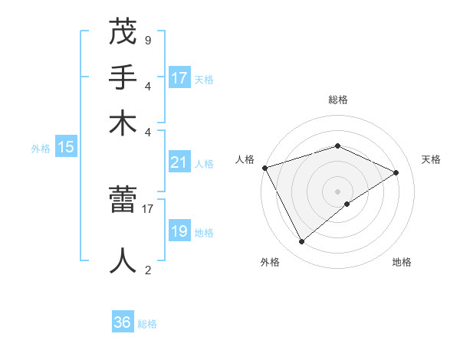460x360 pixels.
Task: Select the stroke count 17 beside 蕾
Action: [149, 207]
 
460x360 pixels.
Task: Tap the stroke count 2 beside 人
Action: [147, 270]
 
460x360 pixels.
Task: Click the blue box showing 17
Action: [179, 78]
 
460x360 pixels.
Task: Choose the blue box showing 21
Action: [179, 162]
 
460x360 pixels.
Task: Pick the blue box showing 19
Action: [179, 231]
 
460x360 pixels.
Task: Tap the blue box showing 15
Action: [66, 148]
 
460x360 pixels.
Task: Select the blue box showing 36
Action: [123, 322]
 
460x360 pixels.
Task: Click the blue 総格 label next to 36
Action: [147, 324]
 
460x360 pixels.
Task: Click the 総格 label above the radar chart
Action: [337, 100]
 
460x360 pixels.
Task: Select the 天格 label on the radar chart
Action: [431, 159]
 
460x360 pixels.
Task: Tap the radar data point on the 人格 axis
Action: [264, 168]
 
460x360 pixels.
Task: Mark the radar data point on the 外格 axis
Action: [301, 242]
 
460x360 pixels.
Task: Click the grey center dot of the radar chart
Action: [337, 191]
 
